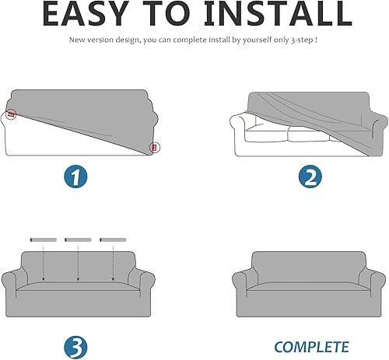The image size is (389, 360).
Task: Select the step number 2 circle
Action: pos(310,177)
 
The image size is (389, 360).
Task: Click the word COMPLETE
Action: pos(310,347)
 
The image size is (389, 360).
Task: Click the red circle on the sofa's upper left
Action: pos(12,114)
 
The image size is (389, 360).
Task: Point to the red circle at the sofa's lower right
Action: pos(154,145)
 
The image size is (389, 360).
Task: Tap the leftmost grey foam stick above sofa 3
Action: pos(44,238)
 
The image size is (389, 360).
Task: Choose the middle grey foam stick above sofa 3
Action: pos(78,238)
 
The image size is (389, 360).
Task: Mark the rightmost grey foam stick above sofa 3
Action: pos(113,238)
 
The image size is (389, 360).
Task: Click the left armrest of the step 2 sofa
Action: pos(240,126)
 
